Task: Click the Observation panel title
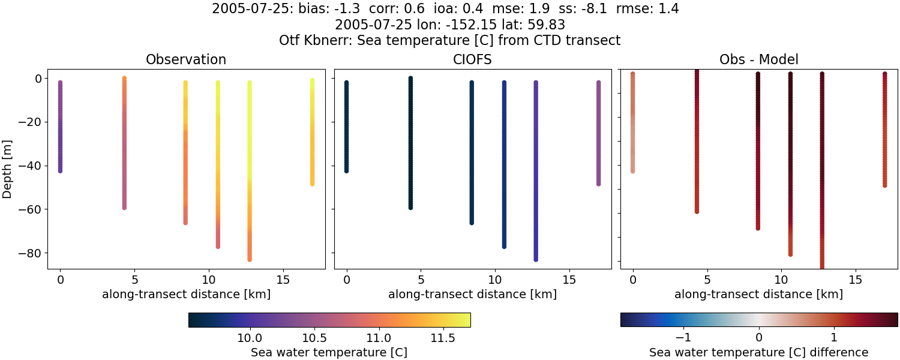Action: click(186, 60)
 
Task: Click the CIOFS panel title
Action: click(472, 60)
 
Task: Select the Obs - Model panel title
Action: click(758, 60)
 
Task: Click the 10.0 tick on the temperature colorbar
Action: click(248, 338)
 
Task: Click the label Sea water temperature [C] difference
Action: click(758, 352)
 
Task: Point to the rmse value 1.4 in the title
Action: click(668, 10)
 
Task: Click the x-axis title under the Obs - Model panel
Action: click(758, 295)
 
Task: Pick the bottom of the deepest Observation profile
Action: click(249, 259)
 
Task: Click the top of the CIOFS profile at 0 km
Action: click(346, 83)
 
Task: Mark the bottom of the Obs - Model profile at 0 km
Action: click(632, 171)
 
